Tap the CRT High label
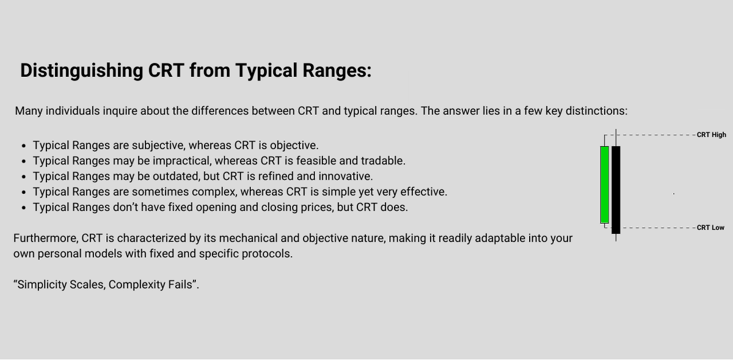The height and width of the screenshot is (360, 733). (711, 134)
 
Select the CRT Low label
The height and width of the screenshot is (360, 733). (710, 227)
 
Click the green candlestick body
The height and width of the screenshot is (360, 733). (604, 185)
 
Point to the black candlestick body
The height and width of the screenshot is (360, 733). (616, 189)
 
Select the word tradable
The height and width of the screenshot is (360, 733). (384, 161)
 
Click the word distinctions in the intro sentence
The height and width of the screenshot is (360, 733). (596, 111)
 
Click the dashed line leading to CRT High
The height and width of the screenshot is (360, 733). (657, 134)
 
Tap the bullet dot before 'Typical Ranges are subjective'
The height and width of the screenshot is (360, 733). (23, 146)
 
